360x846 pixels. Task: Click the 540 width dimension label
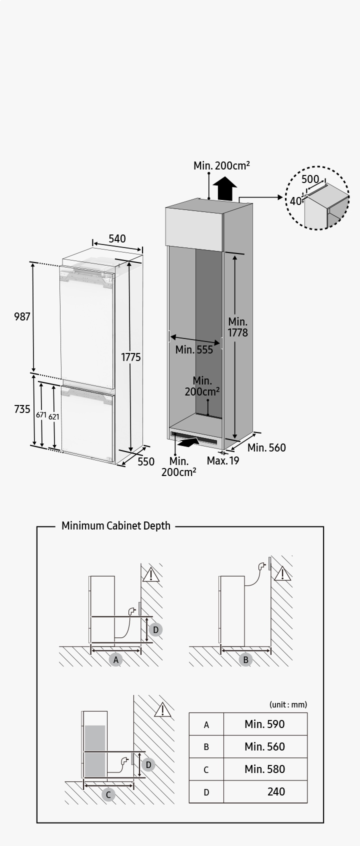pyautogui.click(x=117, y=238)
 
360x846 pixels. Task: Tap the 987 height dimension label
pyautogui.click(x=22, y=316)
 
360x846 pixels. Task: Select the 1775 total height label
pyautogui.click(x=130, y=357)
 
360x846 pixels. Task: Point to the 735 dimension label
pyautogui.click(x=22, y=409)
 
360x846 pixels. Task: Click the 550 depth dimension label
pyautogui.click(x=146, y=461)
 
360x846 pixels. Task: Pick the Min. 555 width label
pyautogui.click(x=194, y=349)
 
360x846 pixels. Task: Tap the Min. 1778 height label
pyautogui.click(x=237, y=327)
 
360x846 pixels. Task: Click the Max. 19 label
pyautogui.click(x=223, y=460)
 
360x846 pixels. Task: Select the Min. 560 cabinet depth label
pyautogui.click(x=266, y=447)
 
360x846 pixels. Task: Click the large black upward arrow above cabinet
pyautogui.click(x=224, y=188)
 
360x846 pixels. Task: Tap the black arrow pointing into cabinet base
pyautogui.click(x=188, y=442)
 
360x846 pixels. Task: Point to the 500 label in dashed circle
pyautogui.click(x=310, y=179)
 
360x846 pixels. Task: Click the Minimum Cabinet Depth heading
pyautogui.click(x=115, y=525)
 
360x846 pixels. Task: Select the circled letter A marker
pyautogui.click(x=116, y=659)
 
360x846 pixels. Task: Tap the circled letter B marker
pyautogui.click(x=245, y=659)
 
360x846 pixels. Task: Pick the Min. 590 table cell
pyautogui.click(x=264, y=724)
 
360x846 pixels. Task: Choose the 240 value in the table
pyautogui.click(x=276, y=791)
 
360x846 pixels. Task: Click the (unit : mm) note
pyautogui.click(x=288, y=704)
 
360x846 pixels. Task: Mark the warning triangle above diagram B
pyautogui.click(x=282, y=573)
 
